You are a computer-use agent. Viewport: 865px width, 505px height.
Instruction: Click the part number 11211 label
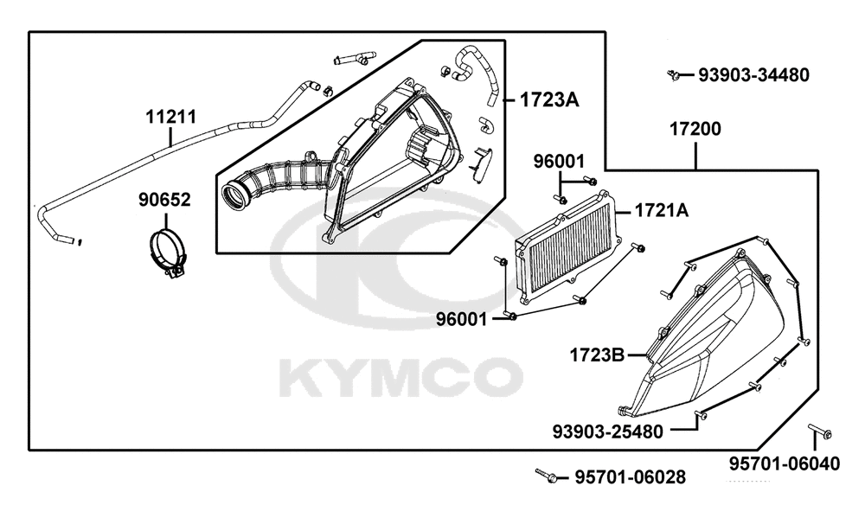pos(171,117)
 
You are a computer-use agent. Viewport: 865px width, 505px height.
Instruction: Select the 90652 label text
pos(164,200)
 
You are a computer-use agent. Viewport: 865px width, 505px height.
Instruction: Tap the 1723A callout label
pos(549,99)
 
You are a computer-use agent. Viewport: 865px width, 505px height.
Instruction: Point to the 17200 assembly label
pos(695,129)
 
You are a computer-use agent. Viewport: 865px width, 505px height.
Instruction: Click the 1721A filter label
pos(662,210)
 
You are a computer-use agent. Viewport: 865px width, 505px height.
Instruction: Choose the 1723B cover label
pos(597,355)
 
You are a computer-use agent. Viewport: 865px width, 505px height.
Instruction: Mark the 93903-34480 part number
pos(753,75)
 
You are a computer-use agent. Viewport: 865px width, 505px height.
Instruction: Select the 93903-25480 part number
pos(607,431)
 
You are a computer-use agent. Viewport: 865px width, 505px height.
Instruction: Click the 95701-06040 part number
pos(785,463)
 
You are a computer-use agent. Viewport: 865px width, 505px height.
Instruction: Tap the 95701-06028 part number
pos(631,476)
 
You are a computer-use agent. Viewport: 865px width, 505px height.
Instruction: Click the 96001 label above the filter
pos(558,162)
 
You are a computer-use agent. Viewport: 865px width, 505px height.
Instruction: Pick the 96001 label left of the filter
pos(462,319)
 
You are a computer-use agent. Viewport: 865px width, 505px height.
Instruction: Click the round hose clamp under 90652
pos(168,253)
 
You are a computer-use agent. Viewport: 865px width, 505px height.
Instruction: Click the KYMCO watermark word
pos(401,378)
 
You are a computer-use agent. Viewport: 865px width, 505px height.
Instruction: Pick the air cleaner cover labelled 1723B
pos(712,336)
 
